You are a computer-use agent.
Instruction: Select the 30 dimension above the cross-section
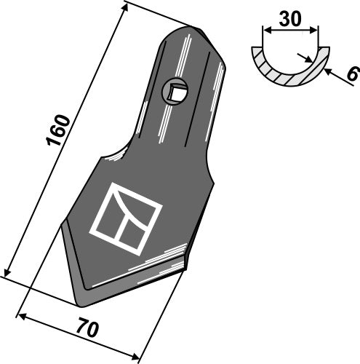[291, 20]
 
